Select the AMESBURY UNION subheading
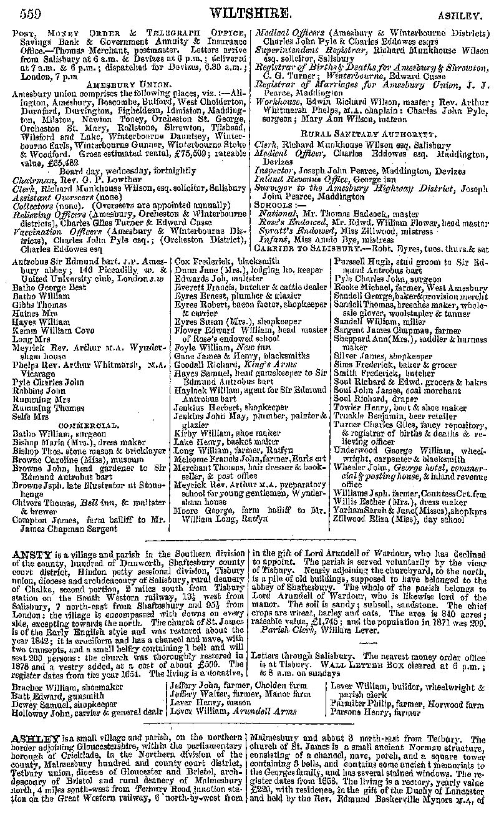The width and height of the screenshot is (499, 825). pyautogui.click(x=128, y=84)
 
